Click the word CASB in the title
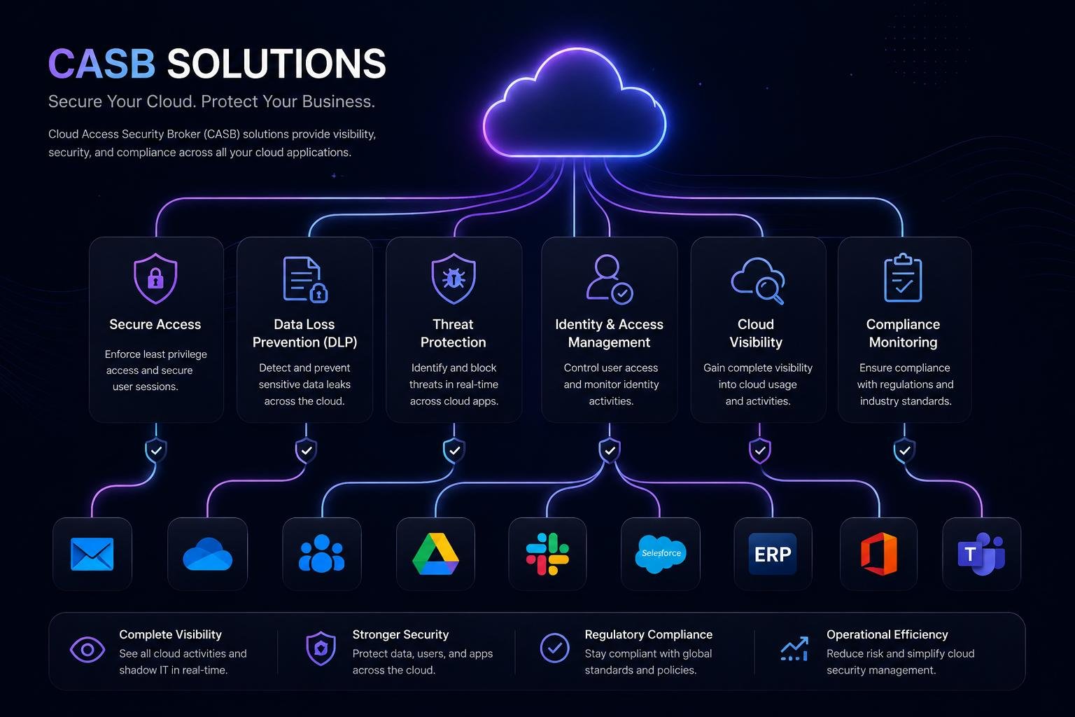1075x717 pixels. pos(101,64)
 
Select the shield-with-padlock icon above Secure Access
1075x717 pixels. pos(155,279)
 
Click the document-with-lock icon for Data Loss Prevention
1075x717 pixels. pos(305,279)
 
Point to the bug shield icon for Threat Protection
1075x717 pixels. pos(454,279)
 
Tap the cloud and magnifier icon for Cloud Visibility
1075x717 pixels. pos(758,281)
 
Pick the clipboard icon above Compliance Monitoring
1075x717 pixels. pos(903,277)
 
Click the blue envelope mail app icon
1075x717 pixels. pos(92,554)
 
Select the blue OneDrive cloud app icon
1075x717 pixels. pos(208,554)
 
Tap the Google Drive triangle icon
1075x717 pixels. pos(435,554)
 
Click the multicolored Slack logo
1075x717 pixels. pos(547,554)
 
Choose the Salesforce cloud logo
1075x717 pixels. pos(661,554)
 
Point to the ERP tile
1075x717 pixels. pos(773,554)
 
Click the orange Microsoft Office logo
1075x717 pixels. pos(879,554)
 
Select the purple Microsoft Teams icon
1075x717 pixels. pos(981,554)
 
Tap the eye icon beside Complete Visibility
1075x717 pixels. pos(87,650)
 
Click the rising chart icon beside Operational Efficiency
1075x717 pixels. pos(795,649)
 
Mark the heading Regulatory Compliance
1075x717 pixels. pos(648,634)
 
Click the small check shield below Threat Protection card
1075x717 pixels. pos(454,450)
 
